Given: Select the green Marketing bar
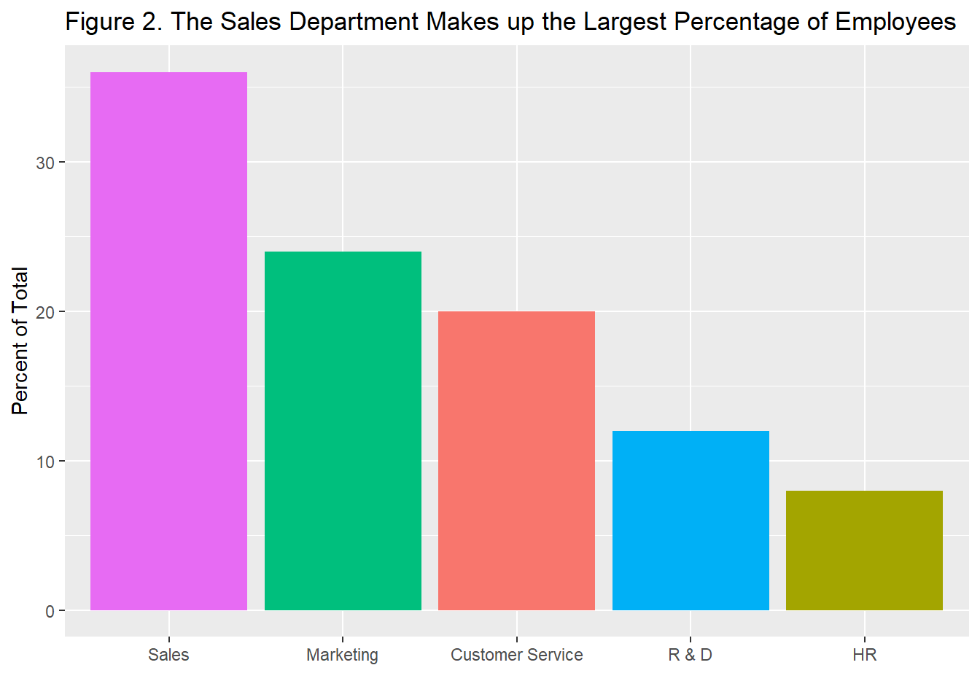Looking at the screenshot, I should point(343,431).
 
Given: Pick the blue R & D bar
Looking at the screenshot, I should point(691,521).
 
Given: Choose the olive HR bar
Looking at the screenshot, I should point(864,551).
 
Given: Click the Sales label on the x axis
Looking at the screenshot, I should point(168,655).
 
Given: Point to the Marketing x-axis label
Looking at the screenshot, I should point(343,655).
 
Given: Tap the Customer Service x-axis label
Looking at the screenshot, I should point(516,655).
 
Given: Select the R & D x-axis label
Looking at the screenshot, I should point(691,655).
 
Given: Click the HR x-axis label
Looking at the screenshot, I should point(864,655).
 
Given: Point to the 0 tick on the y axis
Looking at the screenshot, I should point(50,611).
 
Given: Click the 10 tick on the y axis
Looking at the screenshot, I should point(45,462).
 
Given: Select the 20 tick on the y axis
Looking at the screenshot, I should point(45,312).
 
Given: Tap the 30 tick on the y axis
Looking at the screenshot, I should point(45,163).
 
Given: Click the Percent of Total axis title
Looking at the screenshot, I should point(20,341).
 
